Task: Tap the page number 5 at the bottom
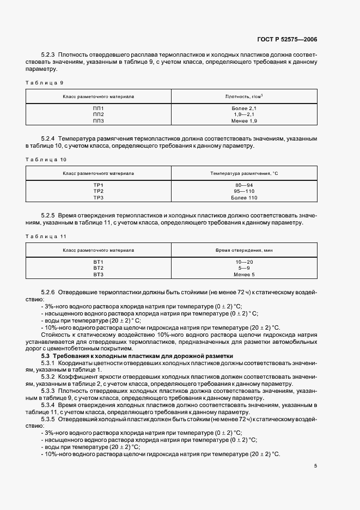point(315,466)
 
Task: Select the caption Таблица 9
point(45,82)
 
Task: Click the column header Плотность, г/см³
point(244,96)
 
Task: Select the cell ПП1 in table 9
point(98,109)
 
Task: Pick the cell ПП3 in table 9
point(98,120)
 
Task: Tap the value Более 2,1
point(244,109)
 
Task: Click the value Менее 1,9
point(244,120)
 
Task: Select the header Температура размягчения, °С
point(244,173)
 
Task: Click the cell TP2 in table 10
point(98,191)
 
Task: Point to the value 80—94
point(244,186)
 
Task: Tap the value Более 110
point(244,197)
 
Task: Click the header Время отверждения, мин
point(244,250)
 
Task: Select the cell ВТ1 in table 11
point(98,263)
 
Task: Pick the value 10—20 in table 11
point(244,263)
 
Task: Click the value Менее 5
point(244,274)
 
